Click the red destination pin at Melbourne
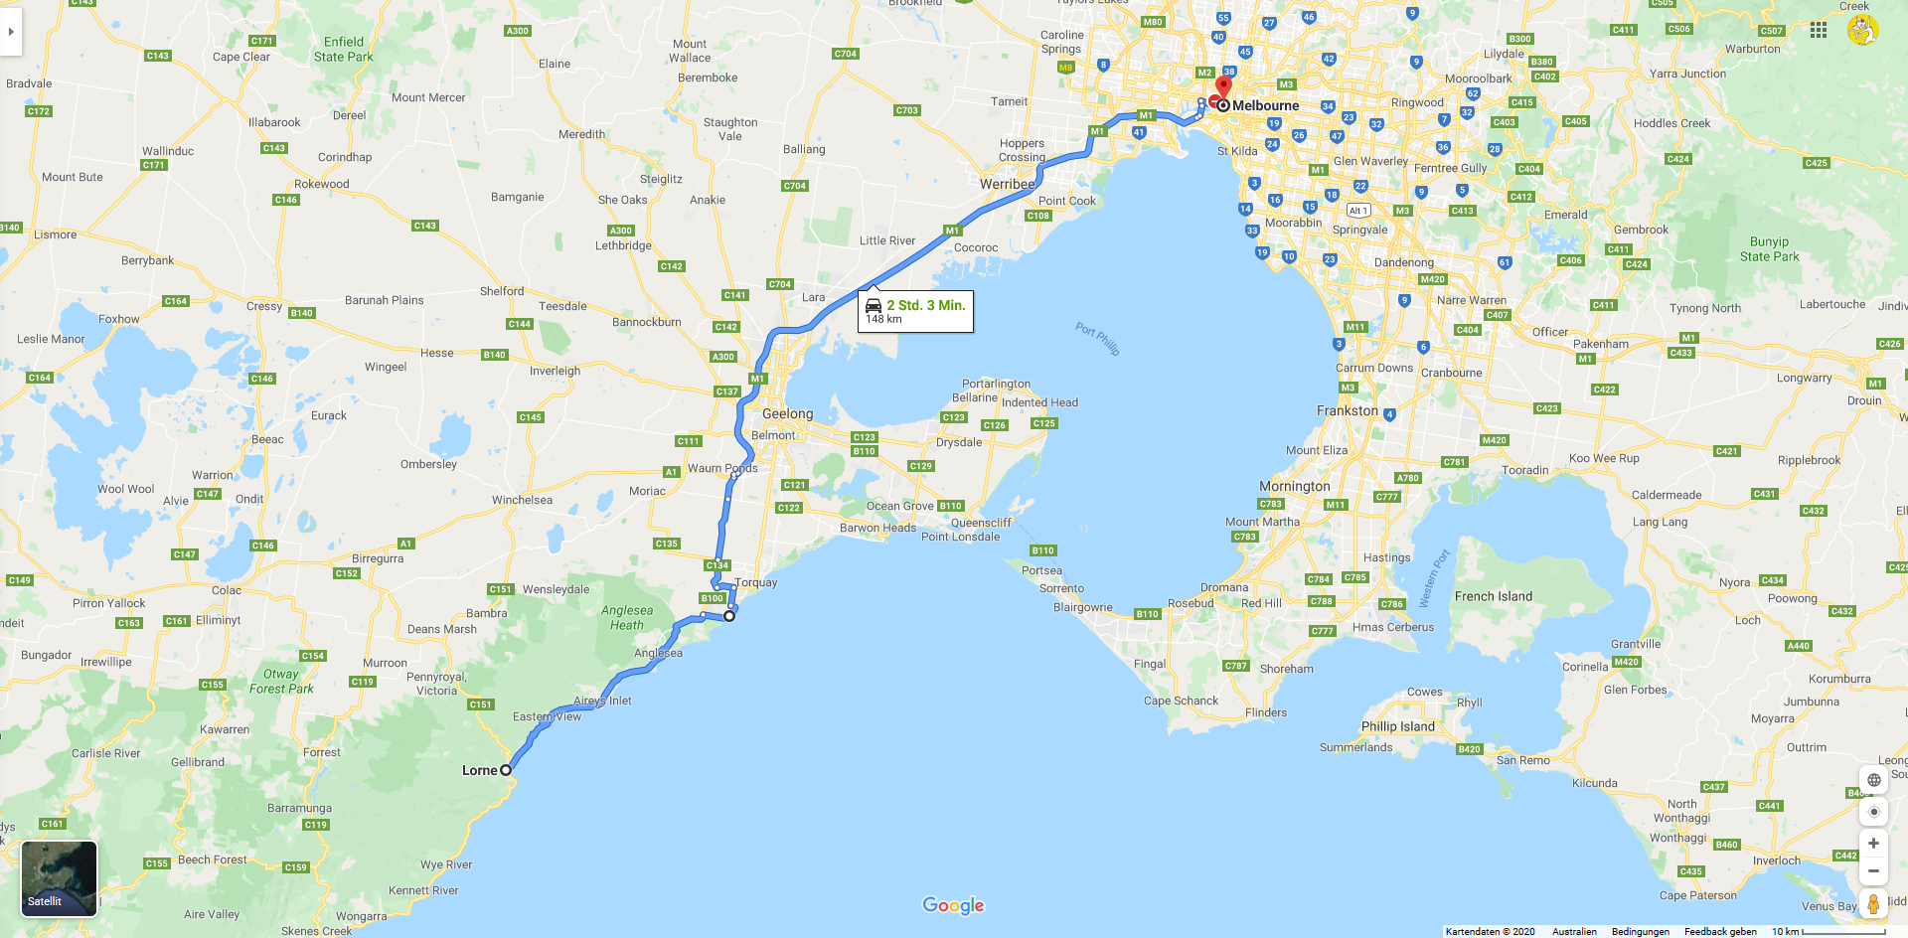click(1223, 86)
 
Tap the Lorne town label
click(479, 770)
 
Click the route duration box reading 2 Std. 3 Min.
click(915, 311)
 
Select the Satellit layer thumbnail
click(60, 878)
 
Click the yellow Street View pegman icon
click(1873, 904)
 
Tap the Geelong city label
click(787, 413)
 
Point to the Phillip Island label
click(1397, 726)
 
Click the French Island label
click(1493, 596)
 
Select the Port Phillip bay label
click(1097, 338)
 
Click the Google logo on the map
click(953, 905)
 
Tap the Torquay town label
click(756, 583)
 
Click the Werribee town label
click(1007, 184)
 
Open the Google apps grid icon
click(1819, 31)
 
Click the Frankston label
click(1347, 410)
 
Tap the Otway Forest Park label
click(281, 682)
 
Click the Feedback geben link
click(1720, 931)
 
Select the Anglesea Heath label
click(627, 618)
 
